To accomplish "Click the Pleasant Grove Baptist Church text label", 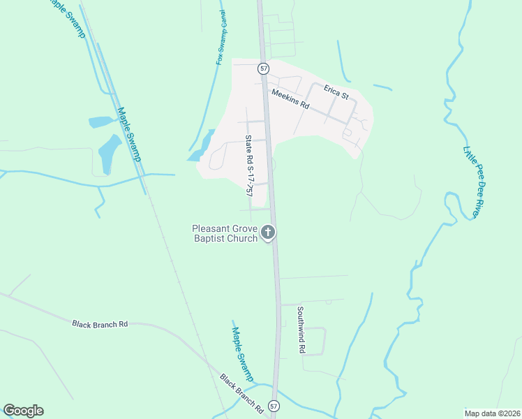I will (x=226, y=233).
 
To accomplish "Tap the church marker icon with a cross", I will (x=269, y=233).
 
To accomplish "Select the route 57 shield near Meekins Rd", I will (x=263, y=68).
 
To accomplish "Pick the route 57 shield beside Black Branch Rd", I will (x=274, y=405).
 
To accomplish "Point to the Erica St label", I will (x=336, y=91).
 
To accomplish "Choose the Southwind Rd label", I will (x=301, y=330).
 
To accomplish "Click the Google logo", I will (x=23, y=411).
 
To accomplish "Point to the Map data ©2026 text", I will (x=493, y=413).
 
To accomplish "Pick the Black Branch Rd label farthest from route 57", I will (x=100, y=324).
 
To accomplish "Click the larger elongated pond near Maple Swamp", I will (x=109, y=154).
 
